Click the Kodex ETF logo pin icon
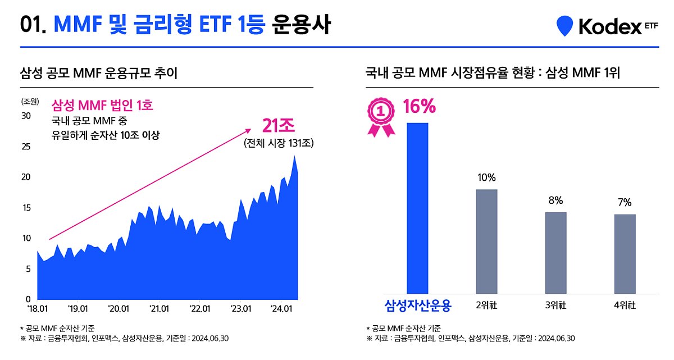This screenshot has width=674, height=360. tap(564, 26)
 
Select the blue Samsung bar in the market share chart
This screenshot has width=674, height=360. tap(417, 208)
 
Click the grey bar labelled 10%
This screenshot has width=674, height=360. tap(486, 241)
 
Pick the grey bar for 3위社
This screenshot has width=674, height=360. tap(555, 253)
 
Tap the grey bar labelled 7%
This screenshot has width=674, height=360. tap(625, 254)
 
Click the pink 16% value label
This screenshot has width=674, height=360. tap(419, 106)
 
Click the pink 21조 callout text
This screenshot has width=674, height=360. tap(279, 125)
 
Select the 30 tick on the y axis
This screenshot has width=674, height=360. tap(26, 116)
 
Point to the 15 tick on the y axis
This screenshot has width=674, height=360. tap(26, 208)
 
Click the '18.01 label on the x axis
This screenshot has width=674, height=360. tap(37, 308)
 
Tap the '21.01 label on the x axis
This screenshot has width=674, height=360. tap(160, 308)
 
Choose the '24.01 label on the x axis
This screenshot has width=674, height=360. tap(281, 308)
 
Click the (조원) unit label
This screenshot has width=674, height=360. tap(30, 102)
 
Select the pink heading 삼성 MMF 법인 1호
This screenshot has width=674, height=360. tap(102, 105)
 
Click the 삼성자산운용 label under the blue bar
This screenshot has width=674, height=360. tap(417, 305)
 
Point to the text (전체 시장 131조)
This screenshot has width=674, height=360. tap(279, 143)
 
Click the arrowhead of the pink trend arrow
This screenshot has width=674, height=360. tap(248, 130)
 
